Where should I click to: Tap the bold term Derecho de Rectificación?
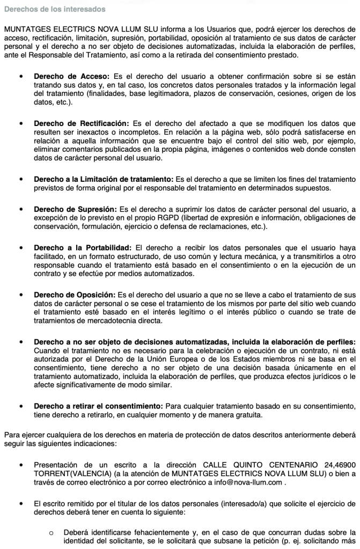click(x=81, y=123)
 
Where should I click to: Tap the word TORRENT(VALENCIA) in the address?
click(x=67, y=473)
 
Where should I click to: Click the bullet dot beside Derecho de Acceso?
click(x=20, y=76)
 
